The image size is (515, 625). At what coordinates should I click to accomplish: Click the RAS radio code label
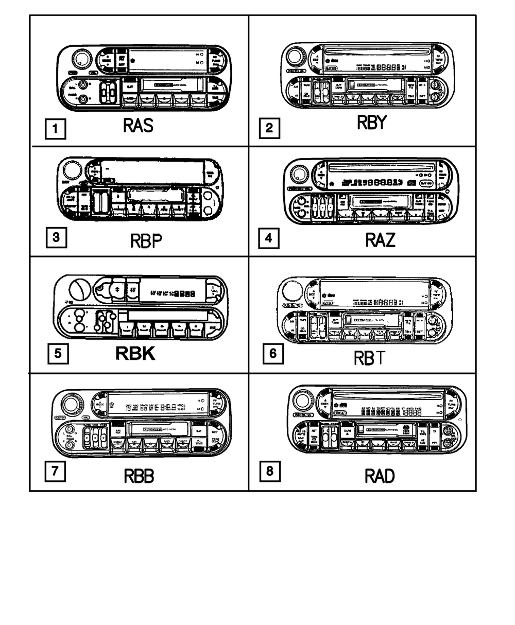pyautogui.click(x=138, y=125)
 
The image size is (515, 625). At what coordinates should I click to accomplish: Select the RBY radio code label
pyautogui.click(x=371, y=123)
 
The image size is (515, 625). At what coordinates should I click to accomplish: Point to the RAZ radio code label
pyautogui.click(x=381, y=239)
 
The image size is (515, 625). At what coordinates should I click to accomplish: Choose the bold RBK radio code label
pyautogui.click(x=135, y=354)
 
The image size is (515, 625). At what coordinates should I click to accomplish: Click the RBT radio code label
pyautogui.click(x=369, y=357)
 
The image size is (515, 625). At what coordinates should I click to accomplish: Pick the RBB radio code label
pyautogui.click(x=139, y=476)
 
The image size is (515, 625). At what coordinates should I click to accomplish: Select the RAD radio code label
pyautogui.click(x=380, y=476)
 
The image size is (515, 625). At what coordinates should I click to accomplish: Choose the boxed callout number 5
pyautogui.click(x=58, y=354)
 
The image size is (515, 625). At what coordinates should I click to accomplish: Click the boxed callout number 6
pyautogui.click(x=272, y=353)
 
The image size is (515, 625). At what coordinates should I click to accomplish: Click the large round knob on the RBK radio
pyautogui.click(x=81, y=286)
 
